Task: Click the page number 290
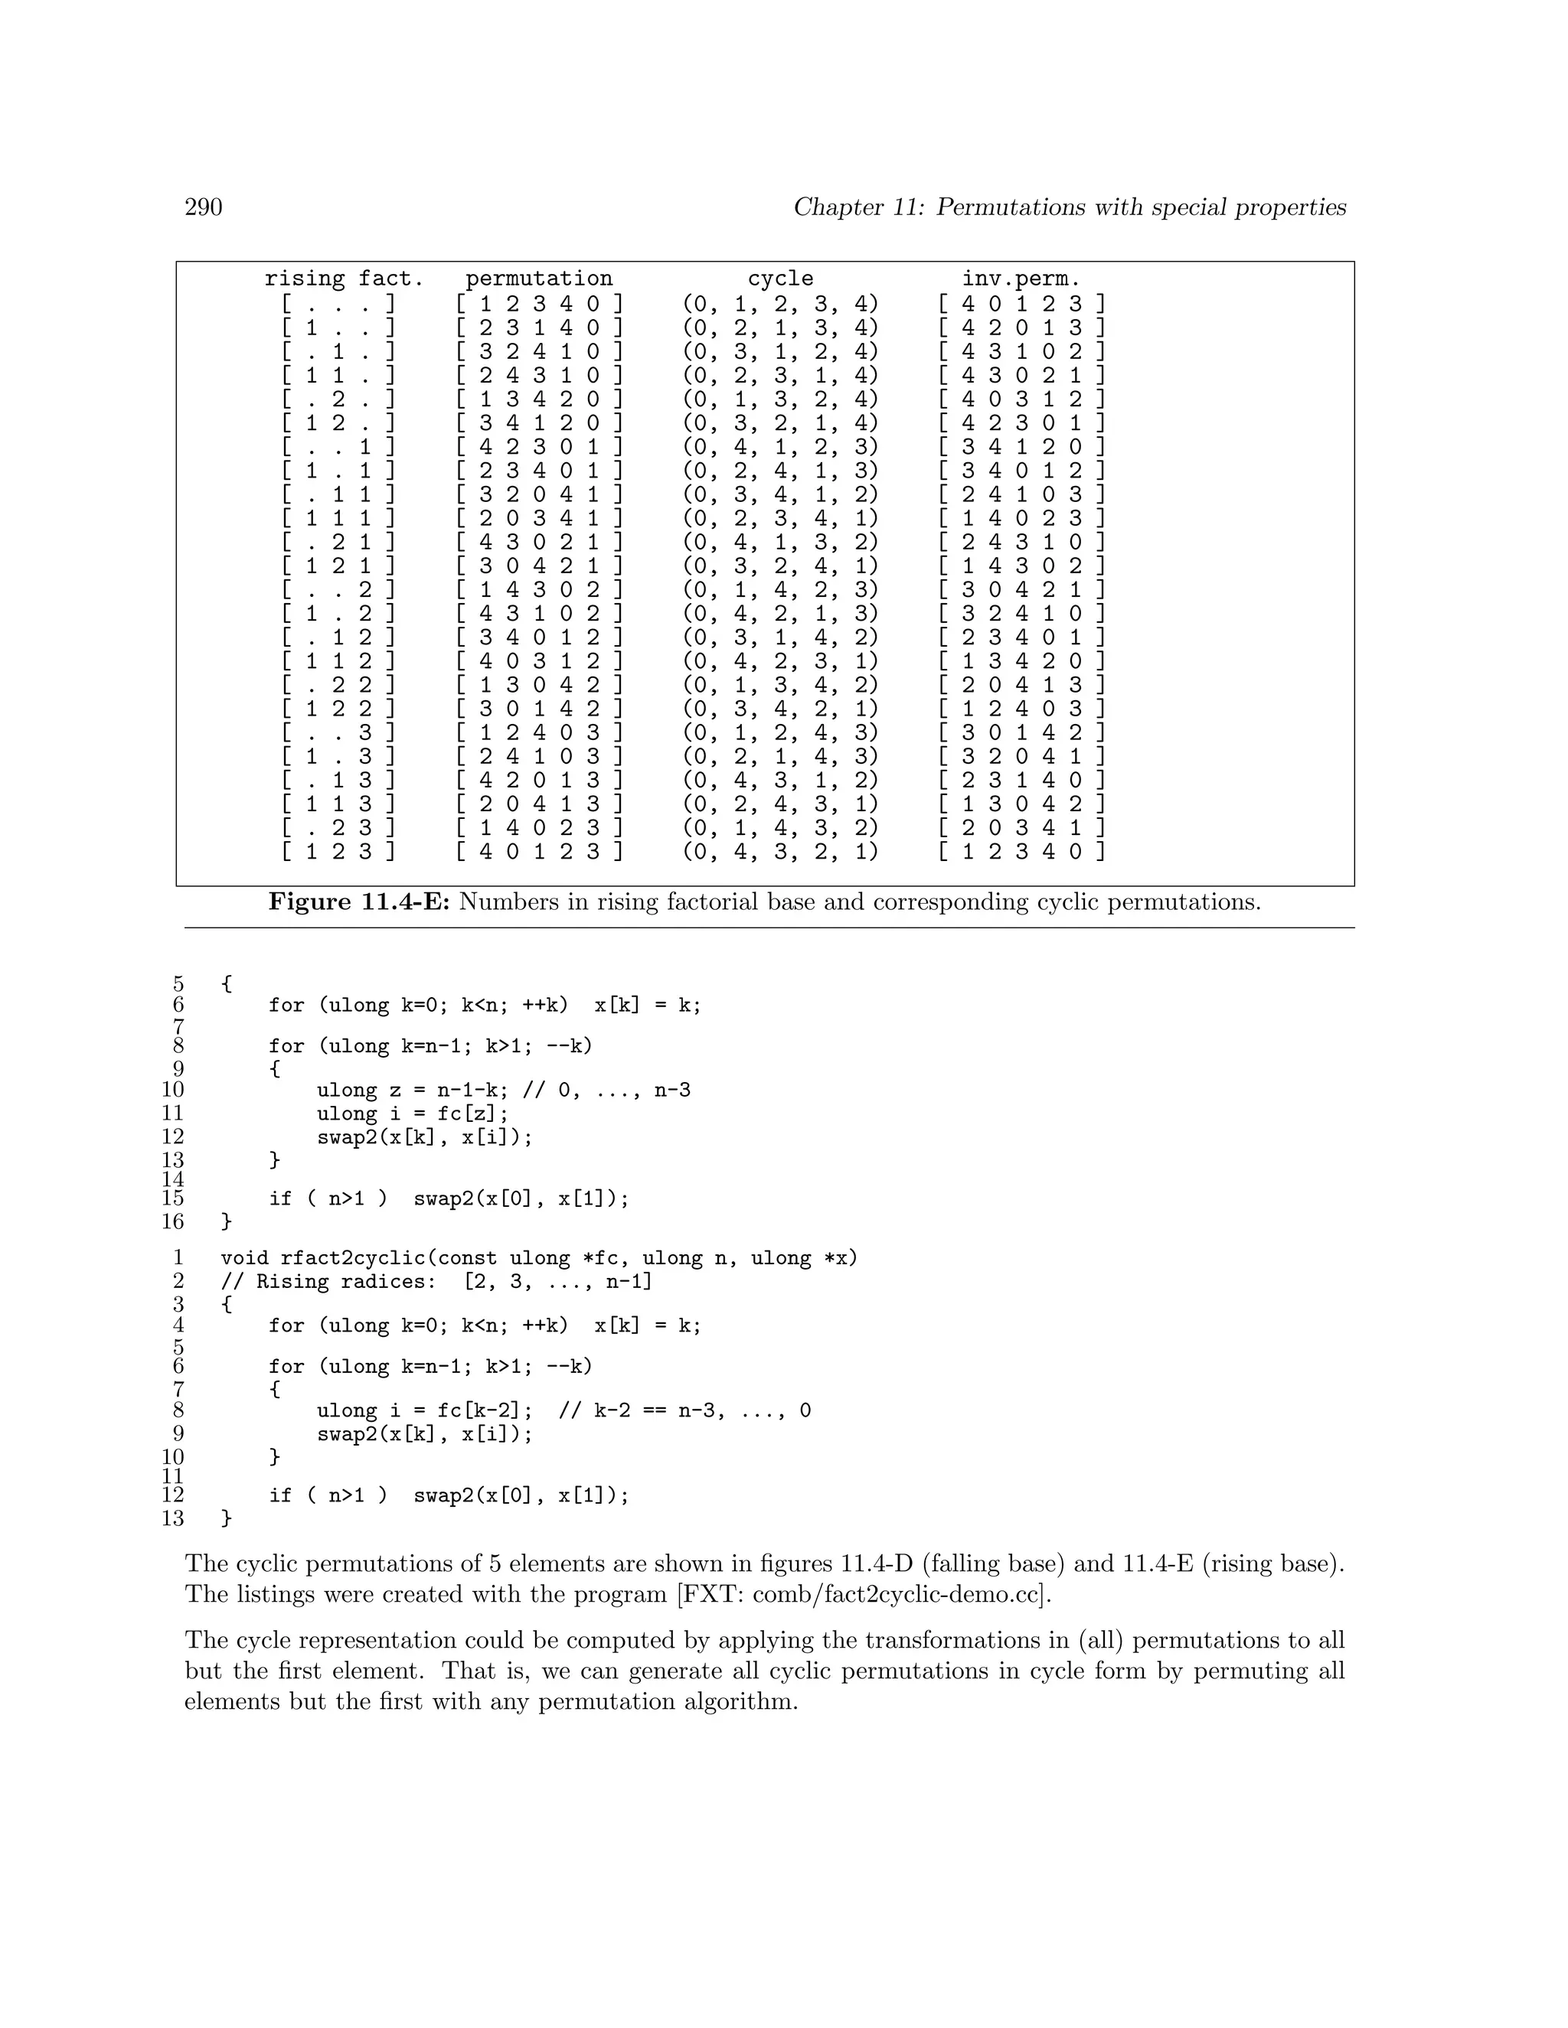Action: click(204, 207)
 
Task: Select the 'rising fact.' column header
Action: click(344, 279)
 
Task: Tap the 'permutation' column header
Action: click(539, 279)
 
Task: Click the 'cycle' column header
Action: click(780, 279)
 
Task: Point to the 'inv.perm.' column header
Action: click(1021, 279)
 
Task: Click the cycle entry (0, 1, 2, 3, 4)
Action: click(780, 304)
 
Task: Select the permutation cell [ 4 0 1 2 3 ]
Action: click(539, 852)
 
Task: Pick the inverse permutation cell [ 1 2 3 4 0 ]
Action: click(1021, 852)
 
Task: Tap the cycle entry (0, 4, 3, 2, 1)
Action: click(780, 852)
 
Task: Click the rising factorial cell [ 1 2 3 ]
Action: click(339, 852)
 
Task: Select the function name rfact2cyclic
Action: click(352, 1258)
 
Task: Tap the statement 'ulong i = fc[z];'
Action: click(413, 1113)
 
